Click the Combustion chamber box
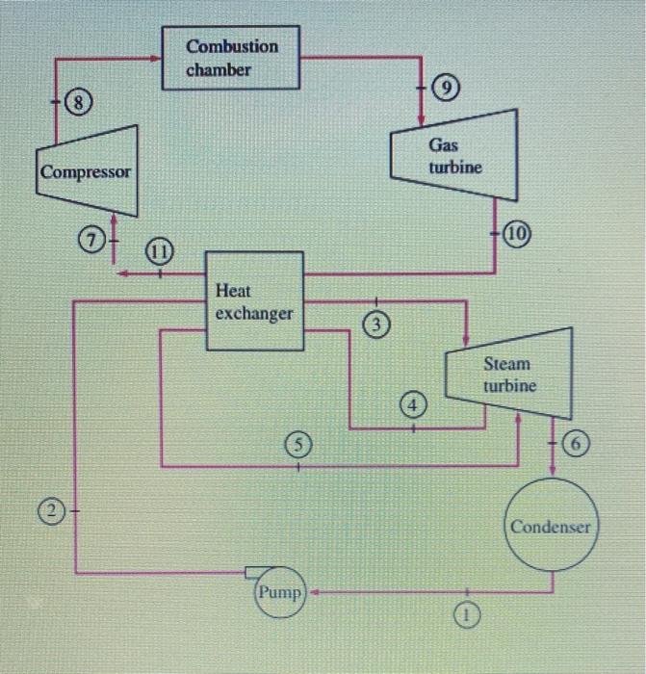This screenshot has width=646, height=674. tap(231, 59)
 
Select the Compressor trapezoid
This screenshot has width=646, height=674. tap(86, 173)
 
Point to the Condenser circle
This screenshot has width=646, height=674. tap(553, 527)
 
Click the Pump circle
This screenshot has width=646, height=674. tap(279, 592)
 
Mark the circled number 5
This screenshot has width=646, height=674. tap(298, 445)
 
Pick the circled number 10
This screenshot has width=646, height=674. tap(526, 234)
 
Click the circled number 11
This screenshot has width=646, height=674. tap(160, 253)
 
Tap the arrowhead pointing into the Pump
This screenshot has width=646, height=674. tap(311, 592)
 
